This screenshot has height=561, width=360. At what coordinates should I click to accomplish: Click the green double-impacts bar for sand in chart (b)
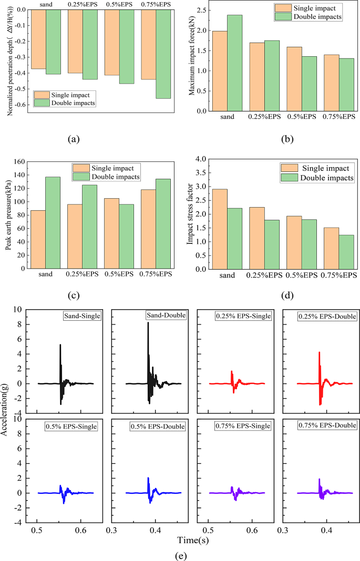tap(234, 63)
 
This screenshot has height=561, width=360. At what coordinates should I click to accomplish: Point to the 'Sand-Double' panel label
tap(163, 315)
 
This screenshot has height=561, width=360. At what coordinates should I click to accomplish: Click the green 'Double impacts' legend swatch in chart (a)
tap(42, 103)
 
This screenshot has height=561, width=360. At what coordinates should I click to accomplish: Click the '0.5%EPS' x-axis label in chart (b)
tap(302, 117)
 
